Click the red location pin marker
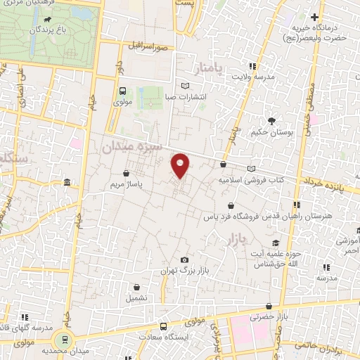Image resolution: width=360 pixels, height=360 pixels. click(181, 165)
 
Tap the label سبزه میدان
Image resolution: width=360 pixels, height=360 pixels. click(131, 146)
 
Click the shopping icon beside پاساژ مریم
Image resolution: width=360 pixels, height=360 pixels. click(126, 172)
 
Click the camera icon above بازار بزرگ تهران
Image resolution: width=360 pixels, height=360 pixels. click(184, 260)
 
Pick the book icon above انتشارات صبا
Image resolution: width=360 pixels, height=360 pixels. click(185, 86)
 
